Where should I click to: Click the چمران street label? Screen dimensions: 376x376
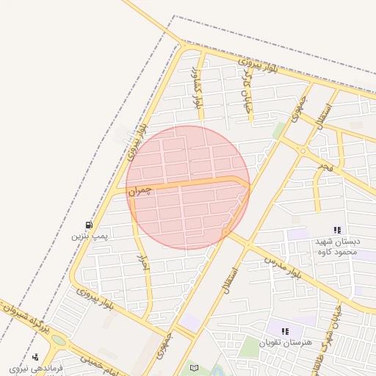tap(140, 190)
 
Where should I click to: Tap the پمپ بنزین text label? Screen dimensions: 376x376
tap(90, 236)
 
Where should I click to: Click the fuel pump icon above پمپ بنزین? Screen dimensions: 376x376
tap(90, 225)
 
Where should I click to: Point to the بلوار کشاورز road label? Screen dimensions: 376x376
tap(196, 89)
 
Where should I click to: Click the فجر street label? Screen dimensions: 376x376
tap(325, 169)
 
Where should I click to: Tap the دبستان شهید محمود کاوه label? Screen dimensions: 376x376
tap(336, 247)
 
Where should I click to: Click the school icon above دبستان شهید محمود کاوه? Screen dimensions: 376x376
tap(337, 231)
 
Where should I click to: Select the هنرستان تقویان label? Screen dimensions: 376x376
tap(286, 342)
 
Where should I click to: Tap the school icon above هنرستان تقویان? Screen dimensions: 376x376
tap(285, 331)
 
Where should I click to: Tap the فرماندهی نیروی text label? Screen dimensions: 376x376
tap(37, 367)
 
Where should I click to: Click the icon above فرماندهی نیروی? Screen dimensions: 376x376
tap(35, 357)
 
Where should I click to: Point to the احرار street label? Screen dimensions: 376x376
tap(144, 265)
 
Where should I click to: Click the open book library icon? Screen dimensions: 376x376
tap(194, 367)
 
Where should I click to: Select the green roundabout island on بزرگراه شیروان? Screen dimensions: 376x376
tap(57, 341)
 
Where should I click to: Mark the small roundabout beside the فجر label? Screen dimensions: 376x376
tap(302, 151)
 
